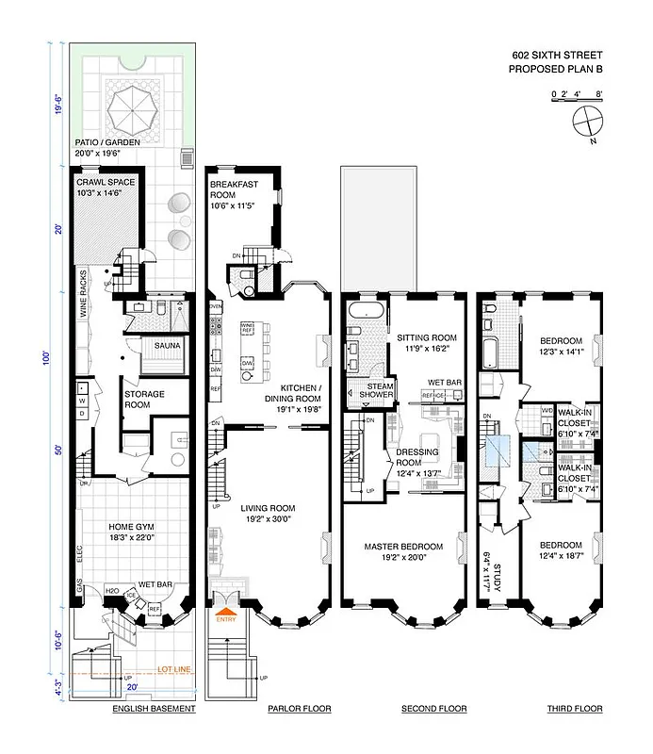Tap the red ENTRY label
tap(226, 618)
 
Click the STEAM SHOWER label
tap(367, 390)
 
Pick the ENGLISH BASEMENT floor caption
tap(153, 708)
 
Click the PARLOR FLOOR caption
tap(300, 708)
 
